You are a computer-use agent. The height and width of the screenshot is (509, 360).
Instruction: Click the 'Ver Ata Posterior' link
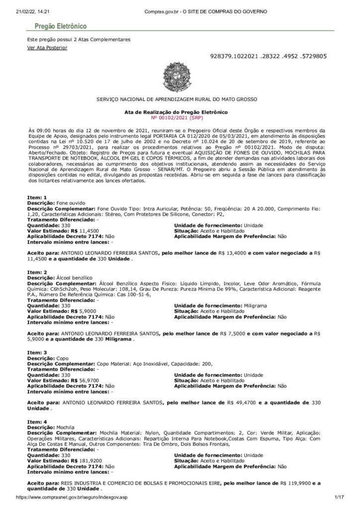[47, 48]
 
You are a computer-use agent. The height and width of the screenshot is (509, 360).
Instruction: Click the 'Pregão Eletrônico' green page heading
[61, 26]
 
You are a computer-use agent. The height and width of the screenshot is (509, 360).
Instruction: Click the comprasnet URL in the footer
[73, 497]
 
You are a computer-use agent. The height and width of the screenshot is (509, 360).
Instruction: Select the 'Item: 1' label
[37, 198]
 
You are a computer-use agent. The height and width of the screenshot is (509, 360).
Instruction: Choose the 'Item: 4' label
[37, 422]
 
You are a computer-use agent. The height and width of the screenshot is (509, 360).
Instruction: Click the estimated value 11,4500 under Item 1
[89, 231]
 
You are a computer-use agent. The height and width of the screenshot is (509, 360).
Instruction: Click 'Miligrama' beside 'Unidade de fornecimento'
[258, 305]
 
